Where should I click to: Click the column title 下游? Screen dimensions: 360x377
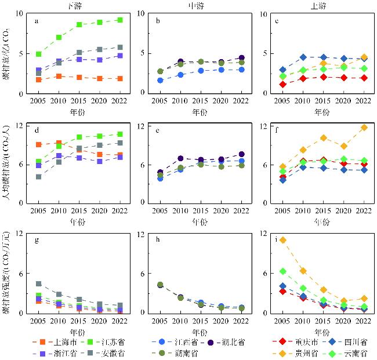click(x=78, y=5)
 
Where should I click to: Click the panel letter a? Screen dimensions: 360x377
click(x=37, y=21)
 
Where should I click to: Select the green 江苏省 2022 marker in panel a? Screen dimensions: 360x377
click(x=119, y=20)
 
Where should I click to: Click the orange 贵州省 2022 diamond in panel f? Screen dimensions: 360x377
click(x=364, y=127)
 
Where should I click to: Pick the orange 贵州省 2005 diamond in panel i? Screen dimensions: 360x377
click(x=282, y=240)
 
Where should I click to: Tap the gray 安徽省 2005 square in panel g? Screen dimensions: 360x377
click(x=38, y=284)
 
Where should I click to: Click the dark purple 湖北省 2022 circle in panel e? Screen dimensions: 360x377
click(x=241, y=154)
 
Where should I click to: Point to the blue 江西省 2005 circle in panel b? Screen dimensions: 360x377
click(x=160, y=80)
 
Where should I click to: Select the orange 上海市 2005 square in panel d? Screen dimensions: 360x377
click(x=38, y=145)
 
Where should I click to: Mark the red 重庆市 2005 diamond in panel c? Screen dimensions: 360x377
click(x=282, y=84)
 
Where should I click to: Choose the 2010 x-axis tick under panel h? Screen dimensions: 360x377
click(x=180, y=321)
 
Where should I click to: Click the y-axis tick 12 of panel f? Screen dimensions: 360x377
click(x=265, y=126)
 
